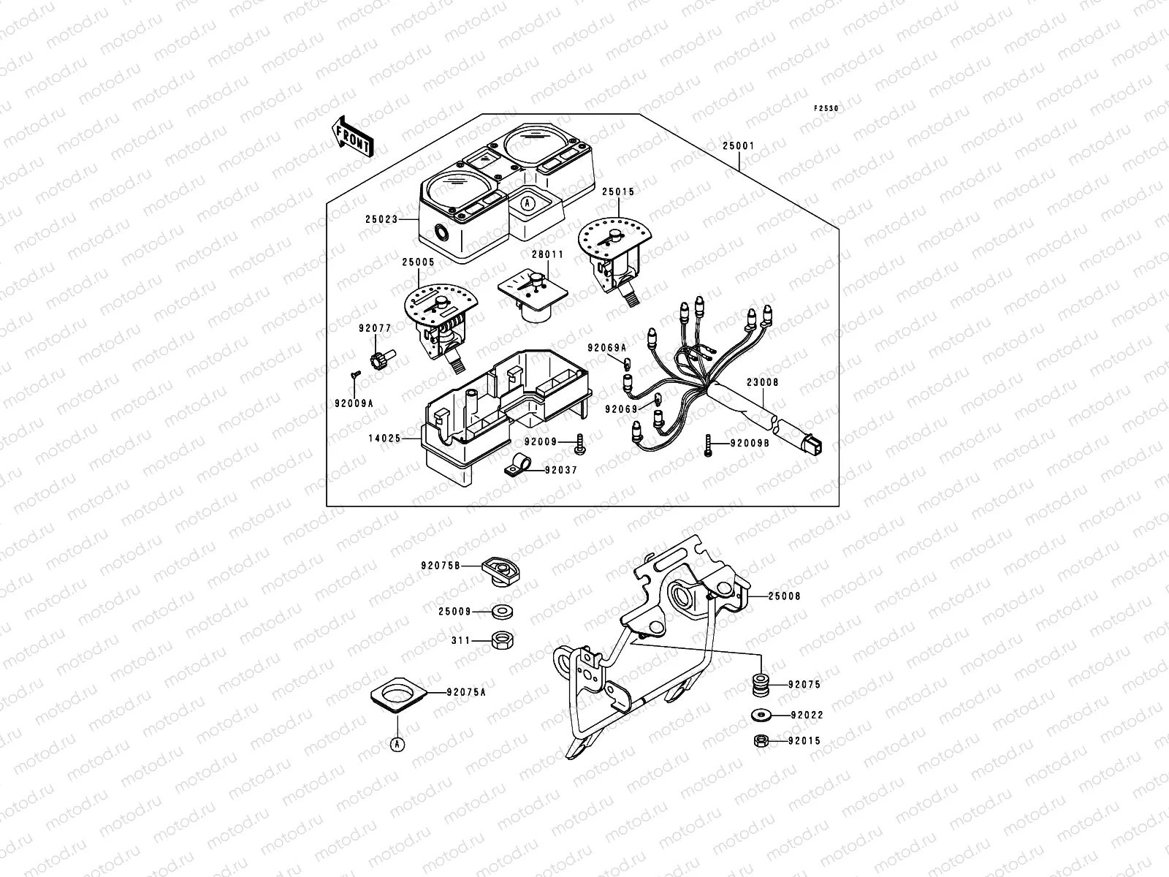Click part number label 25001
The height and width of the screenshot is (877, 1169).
[738, 146]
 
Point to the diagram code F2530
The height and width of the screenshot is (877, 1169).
[827, 108]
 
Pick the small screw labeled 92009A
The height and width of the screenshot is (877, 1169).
[354, 373]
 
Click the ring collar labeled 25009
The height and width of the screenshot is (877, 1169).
[502, 611]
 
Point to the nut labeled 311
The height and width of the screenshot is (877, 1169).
[502, 640]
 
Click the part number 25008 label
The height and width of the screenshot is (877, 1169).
[784, 596]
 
